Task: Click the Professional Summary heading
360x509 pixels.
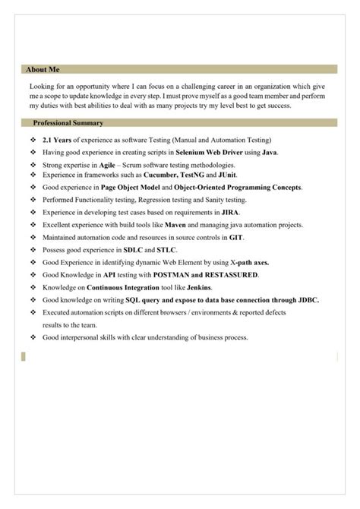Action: coord(68,123)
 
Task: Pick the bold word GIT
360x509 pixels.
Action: coord(237,238)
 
